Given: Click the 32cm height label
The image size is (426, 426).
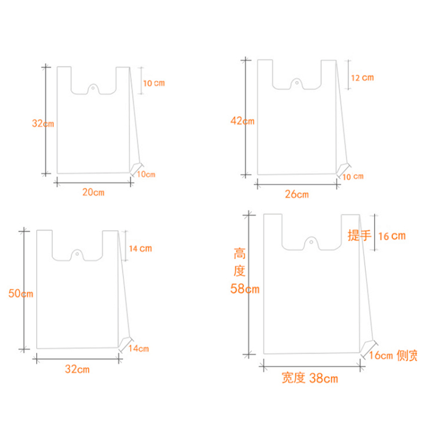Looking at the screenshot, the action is click(43, 124).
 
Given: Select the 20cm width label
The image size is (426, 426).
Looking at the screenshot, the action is click(94, 192).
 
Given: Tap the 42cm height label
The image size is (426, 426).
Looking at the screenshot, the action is click(242, 121).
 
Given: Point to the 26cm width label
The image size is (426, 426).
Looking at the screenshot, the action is click(297, 194).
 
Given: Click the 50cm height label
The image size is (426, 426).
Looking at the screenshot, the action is click(21, 293).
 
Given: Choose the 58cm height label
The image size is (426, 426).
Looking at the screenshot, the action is click(245, 289).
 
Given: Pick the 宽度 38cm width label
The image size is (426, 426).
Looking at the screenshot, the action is click(310, 378).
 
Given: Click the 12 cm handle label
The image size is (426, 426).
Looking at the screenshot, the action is click(363, 78).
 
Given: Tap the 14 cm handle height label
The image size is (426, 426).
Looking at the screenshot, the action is click(140, 249).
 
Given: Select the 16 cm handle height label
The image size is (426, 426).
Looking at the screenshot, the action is click(392, 236).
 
